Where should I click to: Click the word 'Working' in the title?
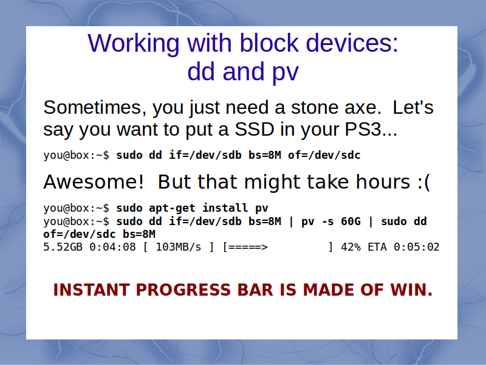click(134, 44)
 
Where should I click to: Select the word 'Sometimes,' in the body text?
click(95, 108)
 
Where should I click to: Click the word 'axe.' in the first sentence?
click(363, 108)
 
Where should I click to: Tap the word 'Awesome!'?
click(94, 181)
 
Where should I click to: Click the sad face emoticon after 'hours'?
click(423, 182)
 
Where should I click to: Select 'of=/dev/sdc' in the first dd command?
click(324, 155)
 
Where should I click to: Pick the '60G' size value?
click(351, 221)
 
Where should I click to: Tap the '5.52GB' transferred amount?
click(63, 247)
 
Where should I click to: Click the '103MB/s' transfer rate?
click(179, 247)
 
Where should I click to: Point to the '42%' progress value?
click(351, 247)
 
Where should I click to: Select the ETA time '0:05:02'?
click(417, 247)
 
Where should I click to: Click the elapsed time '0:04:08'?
click(112, 247)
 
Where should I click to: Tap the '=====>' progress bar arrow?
click(248, 248)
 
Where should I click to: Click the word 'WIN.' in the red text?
click(411, 290)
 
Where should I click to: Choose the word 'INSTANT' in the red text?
click(92, 290)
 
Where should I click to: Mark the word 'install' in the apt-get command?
click(225, 207)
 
